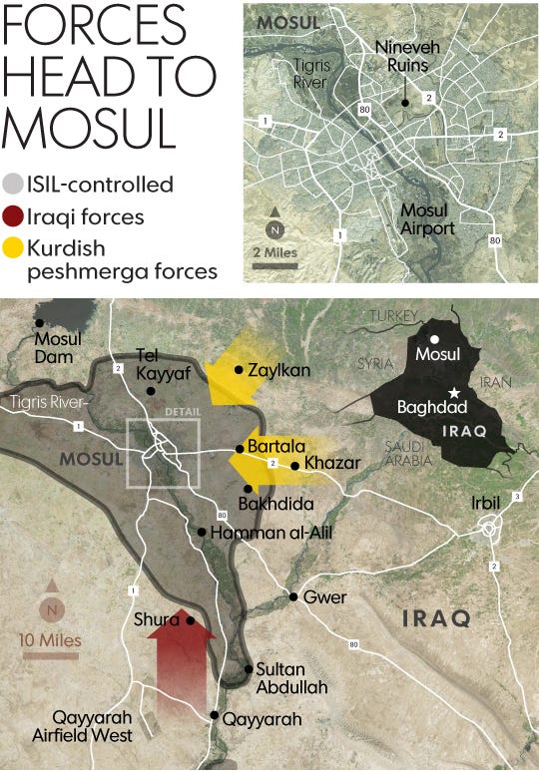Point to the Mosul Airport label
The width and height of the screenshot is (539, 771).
[428, 219]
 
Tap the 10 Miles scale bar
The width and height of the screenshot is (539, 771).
[52, 655]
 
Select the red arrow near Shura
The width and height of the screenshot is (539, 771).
[181, 663]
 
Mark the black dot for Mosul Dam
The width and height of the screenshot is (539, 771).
[39, 322]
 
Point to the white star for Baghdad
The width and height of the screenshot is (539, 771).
[455, 392]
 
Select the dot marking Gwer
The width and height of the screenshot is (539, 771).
[293, 597]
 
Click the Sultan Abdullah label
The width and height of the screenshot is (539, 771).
[290, 677]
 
